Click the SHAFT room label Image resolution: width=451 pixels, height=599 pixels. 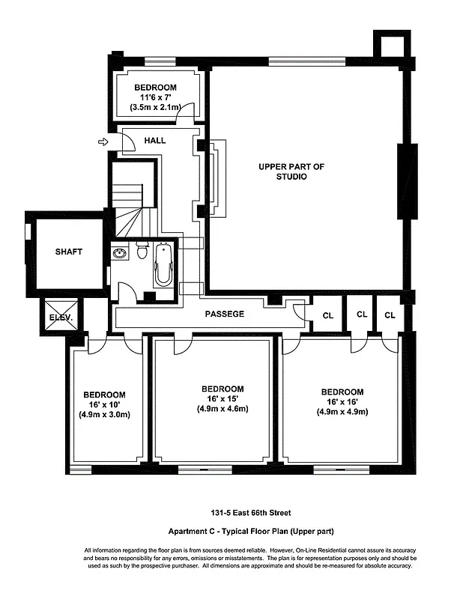pyautogui.click(x=68, y=252)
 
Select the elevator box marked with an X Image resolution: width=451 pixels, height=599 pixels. pyautogui.click(x=60, y=310)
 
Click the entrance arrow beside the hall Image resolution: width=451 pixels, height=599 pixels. pyautogui.click(x=103, y=141)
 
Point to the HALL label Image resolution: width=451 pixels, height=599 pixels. pyautogui.click(x=155, y=140)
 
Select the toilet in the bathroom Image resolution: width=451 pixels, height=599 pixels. pyautogui.click(x=142, y=250)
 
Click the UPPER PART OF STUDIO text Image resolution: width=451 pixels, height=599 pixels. pyautogui.click(x=291, y=171)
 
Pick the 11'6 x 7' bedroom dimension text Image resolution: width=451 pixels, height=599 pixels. pyautogui.click(x=156, y=97)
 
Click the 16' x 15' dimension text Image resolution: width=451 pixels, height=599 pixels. pyautogui.click(x=222, y=399)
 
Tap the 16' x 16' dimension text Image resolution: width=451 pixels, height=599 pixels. pyautogui.click(x=342, y=402)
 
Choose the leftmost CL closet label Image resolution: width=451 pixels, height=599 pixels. pyautogui.click(x=327, y=315)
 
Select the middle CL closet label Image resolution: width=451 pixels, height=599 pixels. pyautogui.click(x=361, y=315)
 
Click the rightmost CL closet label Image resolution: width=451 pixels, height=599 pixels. pyautogui.click(x=390, y=315)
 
